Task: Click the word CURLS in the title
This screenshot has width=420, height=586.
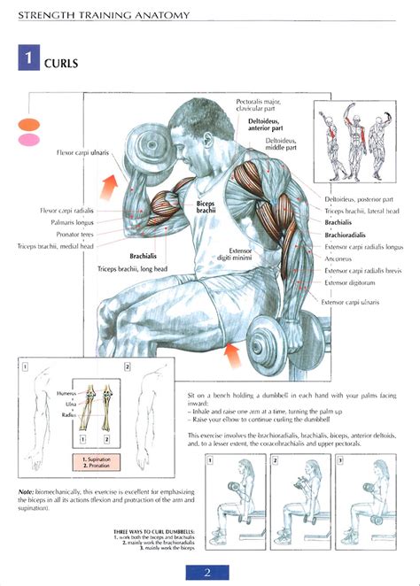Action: (60, 63)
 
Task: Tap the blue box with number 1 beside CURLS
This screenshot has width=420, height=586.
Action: (28, 61)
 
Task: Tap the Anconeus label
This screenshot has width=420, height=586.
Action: (340, 259)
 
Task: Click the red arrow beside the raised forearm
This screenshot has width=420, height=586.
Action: (112, 187)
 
